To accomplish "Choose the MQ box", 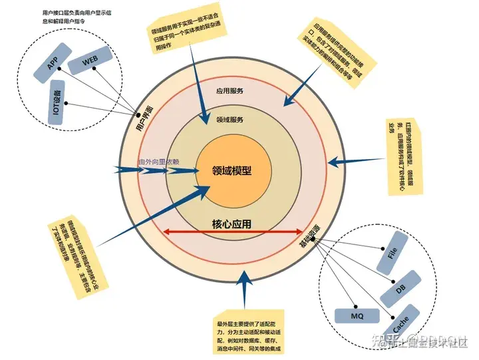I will (x=355, y=315).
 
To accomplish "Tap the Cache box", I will (x=402, y=322).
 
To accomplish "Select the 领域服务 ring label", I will (x=230, y=120).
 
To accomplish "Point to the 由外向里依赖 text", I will (x=158, y=162).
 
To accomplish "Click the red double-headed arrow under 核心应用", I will (x=233, y=232).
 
